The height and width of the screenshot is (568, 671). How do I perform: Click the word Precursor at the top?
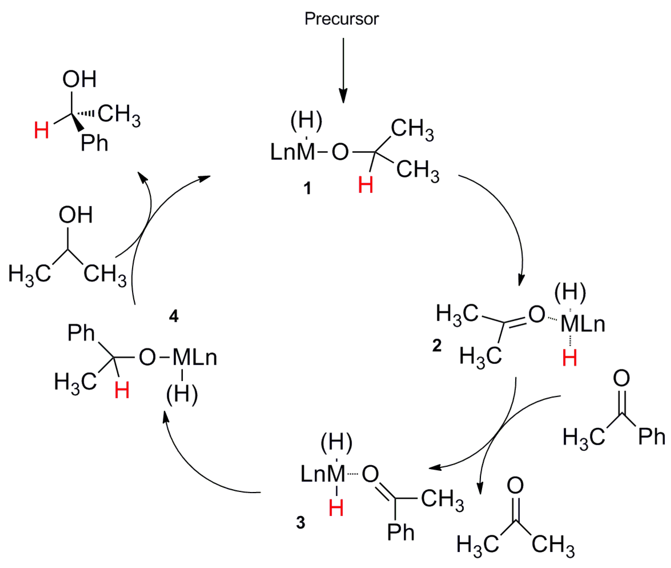pyautogui.click(x=341, y=19)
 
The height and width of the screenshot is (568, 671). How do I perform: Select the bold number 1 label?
pyautogui.click(x=307, y=188)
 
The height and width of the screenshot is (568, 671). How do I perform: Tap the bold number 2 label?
pyautogui.click(x=437, y=345)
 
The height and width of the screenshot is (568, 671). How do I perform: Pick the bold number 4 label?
pyautogui.click(x=173, y=316)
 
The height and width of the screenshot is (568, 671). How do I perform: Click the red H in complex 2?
pyautogui.click(x=569, y=358)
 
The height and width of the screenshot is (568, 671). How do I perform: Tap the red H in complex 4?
pyautogui.click(x=122, y=391)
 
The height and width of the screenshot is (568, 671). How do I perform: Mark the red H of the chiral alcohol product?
pyautogui.click(x=41, y=130)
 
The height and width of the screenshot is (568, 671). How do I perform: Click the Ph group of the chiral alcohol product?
pyautogui.click(x=94, y=143)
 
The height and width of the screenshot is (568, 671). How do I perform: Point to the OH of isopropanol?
pyautogui.click(x=76, y=215)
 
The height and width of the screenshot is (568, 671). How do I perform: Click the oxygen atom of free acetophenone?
pyautogui.click(x=621, y=378)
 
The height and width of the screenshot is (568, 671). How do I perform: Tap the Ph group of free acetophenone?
pyautogui.click(x=651, y=437)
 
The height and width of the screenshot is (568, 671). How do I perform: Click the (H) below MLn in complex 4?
pyautogui.click(x=182, y=395)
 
